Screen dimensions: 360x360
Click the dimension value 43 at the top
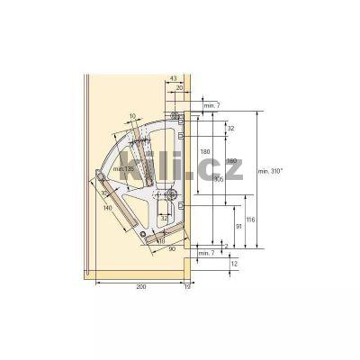tap(173, 79)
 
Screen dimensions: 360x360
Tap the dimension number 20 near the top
tap(179, 88)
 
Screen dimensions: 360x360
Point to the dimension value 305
tap(219, 177)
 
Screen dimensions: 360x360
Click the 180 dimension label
tap(206, 151)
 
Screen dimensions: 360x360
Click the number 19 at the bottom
tap(187, 285)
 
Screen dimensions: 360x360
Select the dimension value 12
tap(234, 265)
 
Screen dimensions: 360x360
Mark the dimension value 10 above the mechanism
tap(132, 115)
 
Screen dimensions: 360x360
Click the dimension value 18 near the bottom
tap(161, 239)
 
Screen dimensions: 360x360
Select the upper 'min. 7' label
tap(211, 106)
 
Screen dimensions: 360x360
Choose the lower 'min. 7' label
tap(205, 254)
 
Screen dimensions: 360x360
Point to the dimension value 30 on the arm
tap(104, 192)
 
